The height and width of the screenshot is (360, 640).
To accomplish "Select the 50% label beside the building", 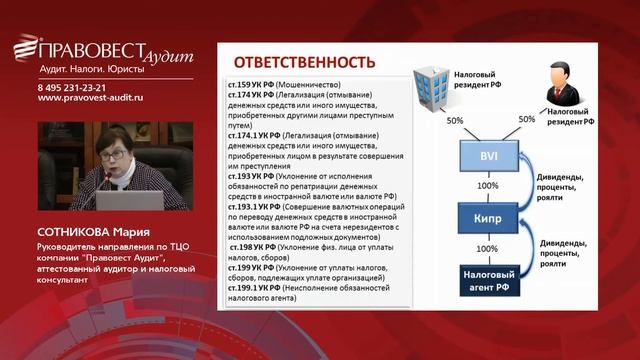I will pos(455,121).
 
